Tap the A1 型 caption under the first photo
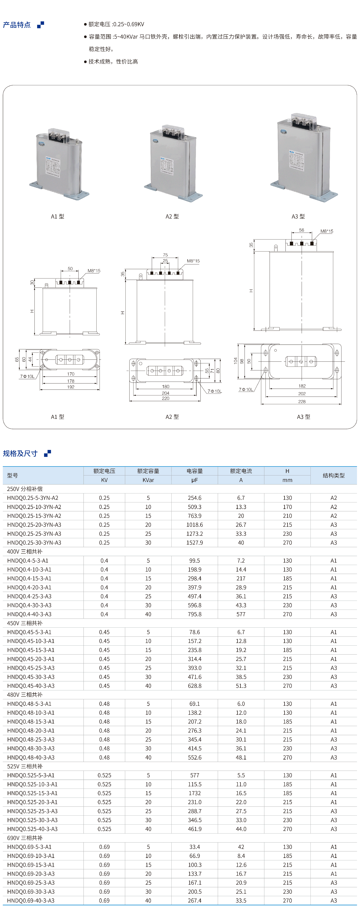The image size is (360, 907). [57, 216]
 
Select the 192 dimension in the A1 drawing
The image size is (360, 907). [71, 387]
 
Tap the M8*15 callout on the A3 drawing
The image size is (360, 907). [327, 231]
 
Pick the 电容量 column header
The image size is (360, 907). [194, 471]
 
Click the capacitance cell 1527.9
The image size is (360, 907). [194, 543]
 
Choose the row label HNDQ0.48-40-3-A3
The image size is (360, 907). [31, 757]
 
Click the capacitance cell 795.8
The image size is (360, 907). [194, 614]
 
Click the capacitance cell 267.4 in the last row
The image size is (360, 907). [194, 900]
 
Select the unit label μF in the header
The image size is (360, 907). [194, 480]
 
